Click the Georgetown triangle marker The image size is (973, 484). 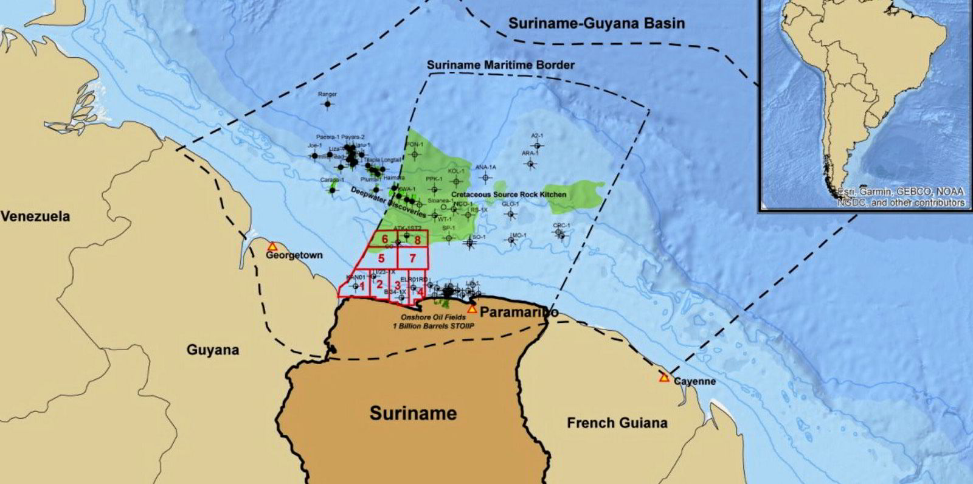coord(272,246)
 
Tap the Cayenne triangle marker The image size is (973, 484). coord(664,378)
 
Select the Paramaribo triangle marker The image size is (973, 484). coord(471,309)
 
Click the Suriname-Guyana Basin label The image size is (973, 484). coord(597,24)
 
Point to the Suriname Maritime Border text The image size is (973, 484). coord(500,64)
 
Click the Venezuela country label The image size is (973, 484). coord(35,216)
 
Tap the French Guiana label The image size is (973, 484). coord(617,423)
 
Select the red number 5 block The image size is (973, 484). coord(381,258)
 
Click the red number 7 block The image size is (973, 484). coord(412,258)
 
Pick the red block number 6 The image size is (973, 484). coord(384,240)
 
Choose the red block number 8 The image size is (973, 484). coord(417,240)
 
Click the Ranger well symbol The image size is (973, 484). coord(328,104)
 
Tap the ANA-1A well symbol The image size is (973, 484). coord(485,177)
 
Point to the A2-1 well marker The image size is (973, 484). coord(536,145)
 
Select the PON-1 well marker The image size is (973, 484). coord(415,154)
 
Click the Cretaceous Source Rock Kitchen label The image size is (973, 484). coord(508,195)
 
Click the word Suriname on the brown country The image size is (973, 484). coord(413,413)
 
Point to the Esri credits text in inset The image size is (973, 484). coord(901,196)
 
